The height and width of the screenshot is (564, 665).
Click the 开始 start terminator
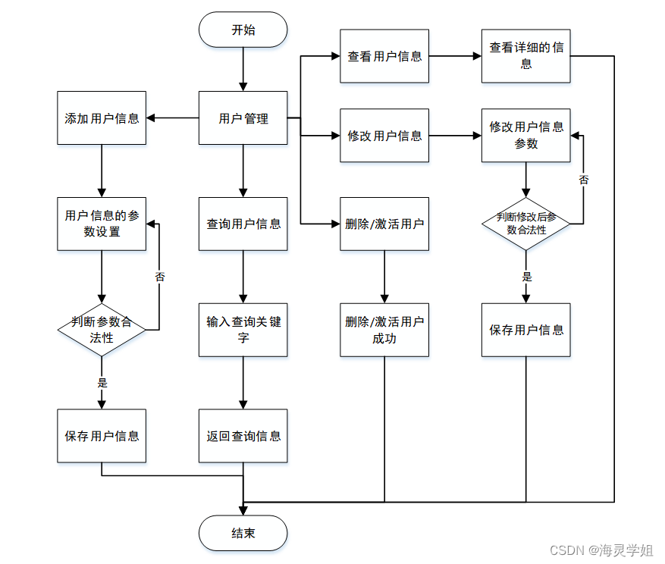[x=243, y=30]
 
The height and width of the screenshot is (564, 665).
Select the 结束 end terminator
[x=243, y=533]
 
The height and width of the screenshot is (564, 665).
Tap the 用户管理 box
[x=243, y=118]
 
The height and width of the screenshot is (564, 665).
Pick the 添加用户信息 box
[x=102, y=118]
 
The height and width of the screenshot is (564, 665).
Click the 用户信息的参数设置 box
[x=102, y=224]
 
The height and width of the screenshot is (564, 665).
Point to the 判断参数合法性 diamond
[x=102, y=330]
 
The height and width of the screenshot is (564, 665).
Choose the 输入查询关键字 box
[x=243, y=330]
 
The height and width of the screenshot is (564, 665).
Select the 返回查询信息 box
[x=243, y=436]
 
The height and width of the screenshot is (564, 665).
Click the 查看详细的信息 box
[x=525, y=56]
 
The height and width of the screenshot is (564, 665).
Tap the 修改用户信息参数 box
[x=525, y=135]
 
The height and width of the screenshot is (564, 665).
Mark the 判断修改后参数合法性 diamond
[x=525, y=223]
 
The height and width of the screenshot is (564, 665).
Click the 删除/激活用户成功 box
[x=384, y=330]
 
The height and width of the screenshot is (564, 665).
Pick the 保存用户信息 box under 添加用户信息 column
[x=102, y=436]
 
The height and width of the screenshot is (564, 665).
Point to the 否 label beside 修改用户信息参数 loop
[x=583, y=180]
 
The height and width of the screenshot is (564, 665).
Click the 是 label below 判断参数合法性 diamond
[x=102, y=383]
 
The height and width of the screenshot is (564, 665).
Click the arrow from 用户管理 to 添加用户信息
[x=173, y=118]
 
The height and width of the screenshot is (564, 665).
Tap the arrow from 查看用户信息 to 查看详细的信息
[x=455, y=56]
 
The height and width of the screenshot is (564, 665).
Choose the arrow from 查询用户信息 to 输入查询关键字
[x=243, y=277]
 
